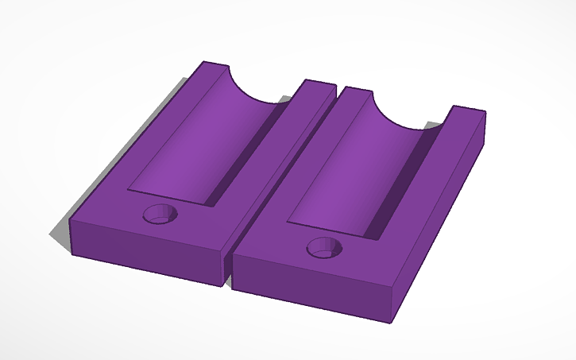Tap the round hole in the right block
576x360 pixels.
[x=326, y=246]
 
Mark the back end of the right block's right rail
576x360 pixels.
[x=469, y=112]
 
